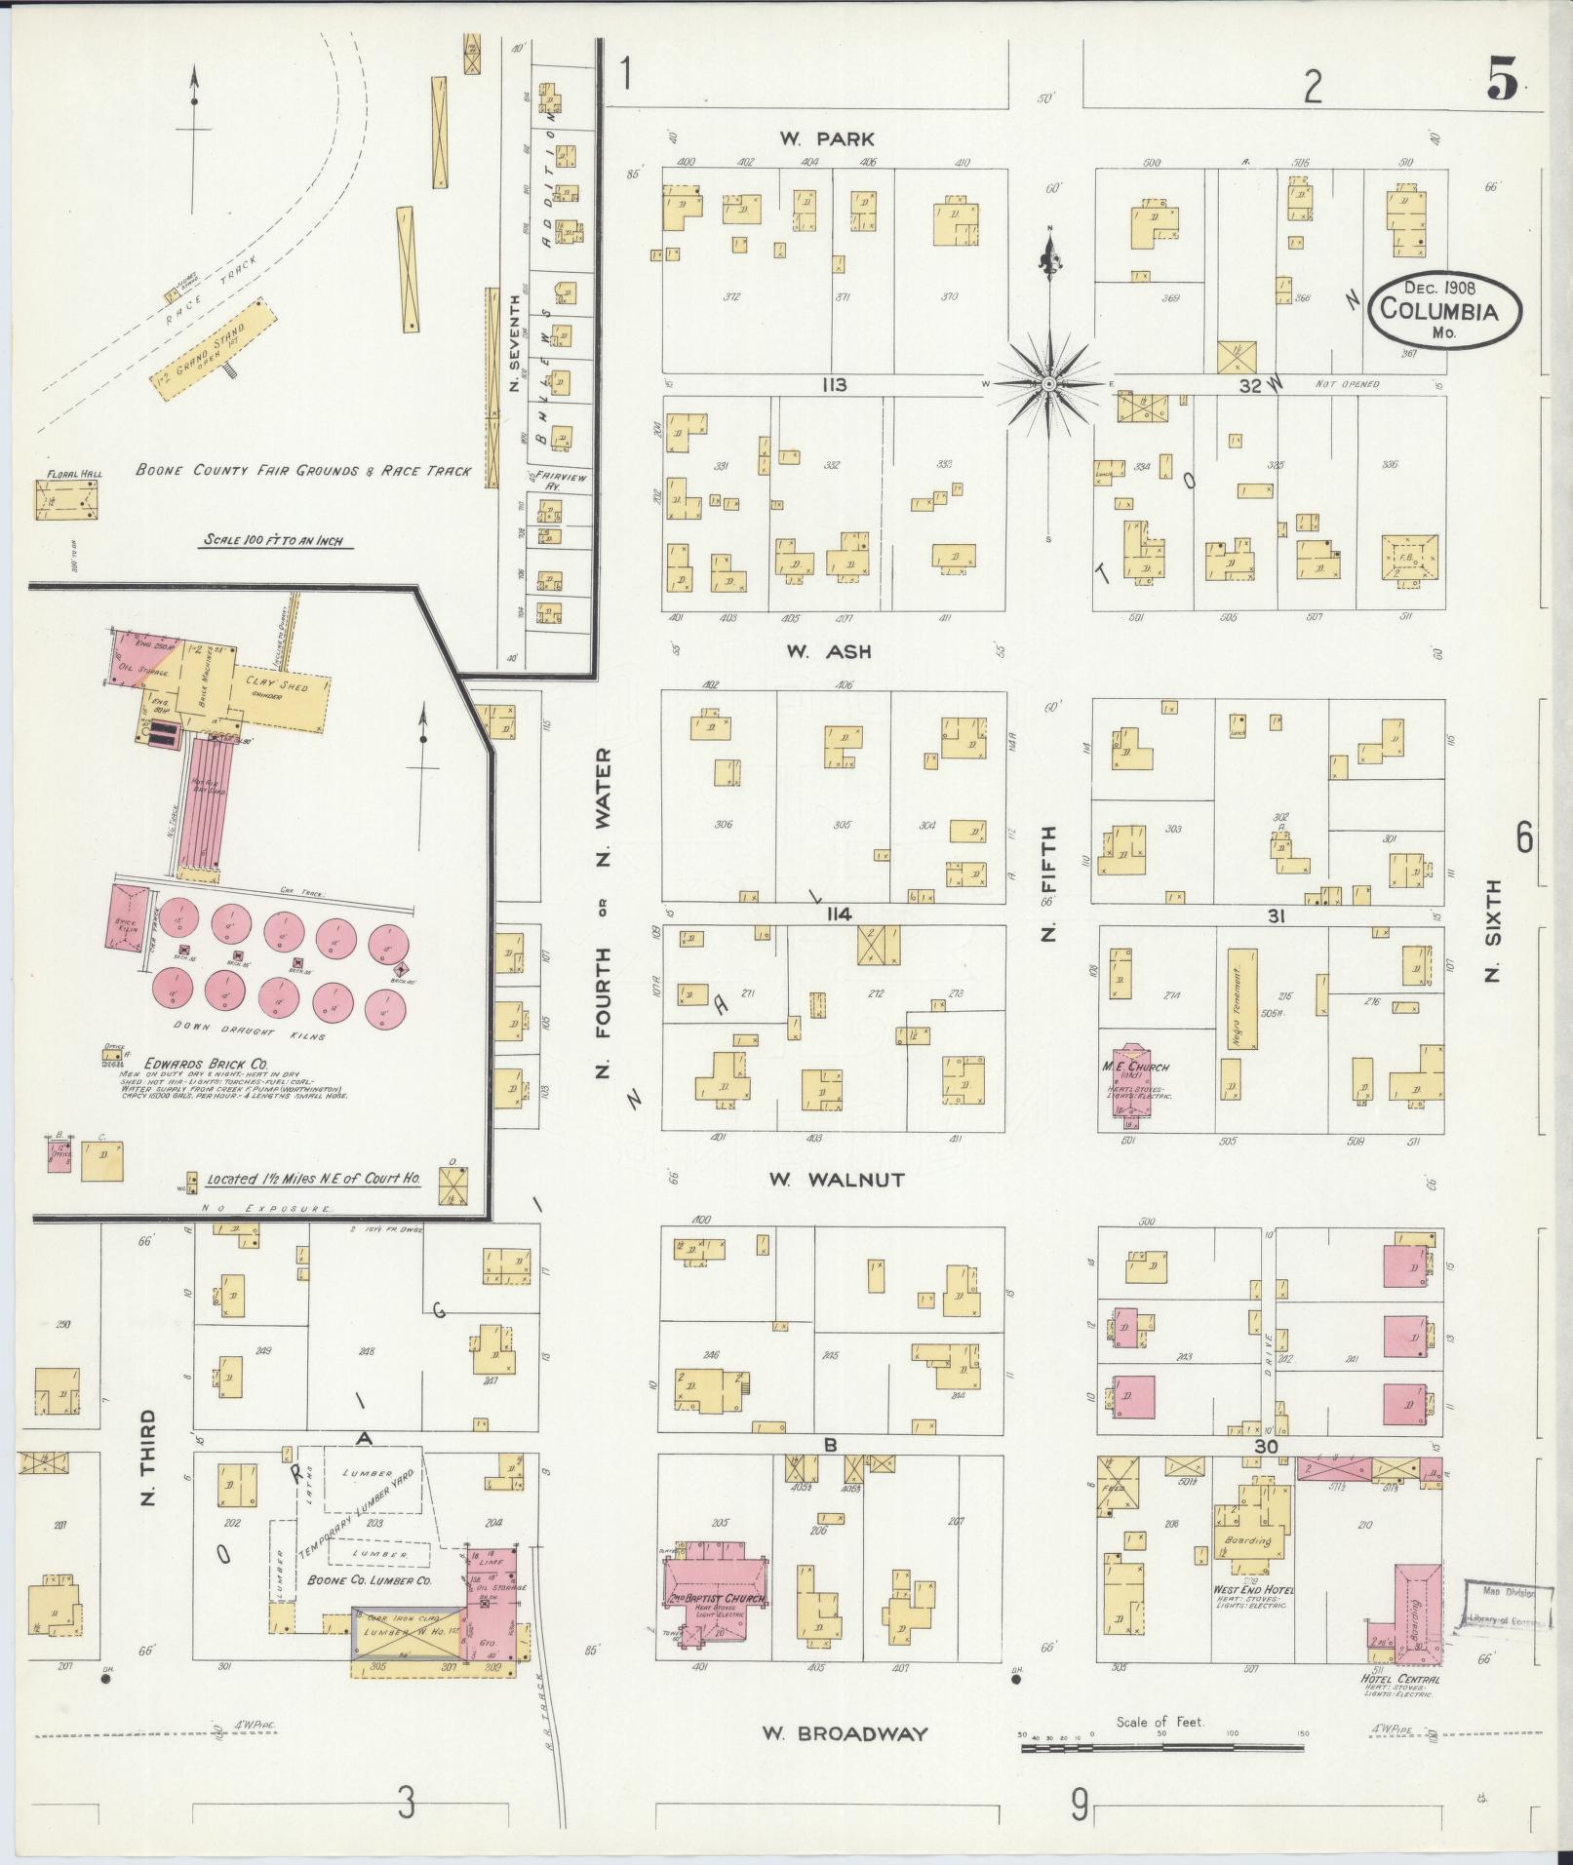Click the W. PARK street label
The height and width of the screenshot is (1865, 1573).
pos(826,138)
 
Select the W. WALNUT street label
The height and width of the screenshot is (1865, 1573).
pos(836,1180)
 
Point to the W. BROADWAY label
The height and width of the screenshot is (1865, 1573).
pos(845,1732)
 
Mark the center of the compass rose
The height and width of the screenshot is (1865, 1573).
pos(1049,384)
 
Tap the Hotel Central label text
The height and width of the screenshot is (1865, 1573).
pos(1400,1679)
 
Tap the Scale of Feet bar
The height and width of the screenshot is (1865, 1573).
pos(1160,1748)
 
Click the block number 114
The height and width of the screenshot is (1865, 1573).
pos(838,913)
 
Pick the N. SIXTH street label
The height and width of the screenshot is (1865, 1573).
pos(1494,930)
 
